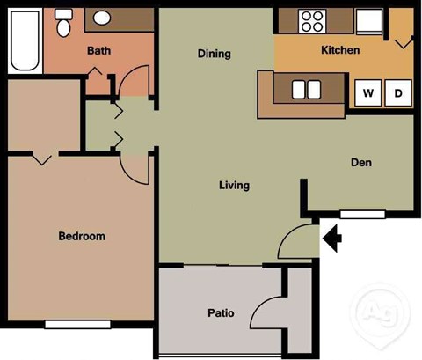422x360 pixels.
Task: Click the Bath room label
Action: pos(98,51)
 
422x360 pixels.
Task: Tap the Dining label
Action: pos(214,54)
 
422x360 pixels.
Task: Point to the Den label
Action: pos(361,163)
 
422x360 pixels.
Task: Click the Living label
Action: pos(234,186)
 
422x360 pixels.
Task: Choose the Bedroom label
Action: pos(82,236)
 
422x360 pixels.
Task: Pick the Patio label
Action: pos(220,312)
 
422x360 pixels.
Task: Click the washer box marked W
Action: pos(367,92)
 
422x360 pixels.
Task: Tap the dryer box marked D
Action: pos(397,92)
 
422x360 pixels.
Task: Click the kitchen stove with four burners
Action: pos(311,19)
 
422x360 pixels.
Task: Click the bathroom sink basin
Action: pos(101,18)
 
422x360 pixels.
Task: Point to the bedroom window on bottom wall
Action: pos(77,324)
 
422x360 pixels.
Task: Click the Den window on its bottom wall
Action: pos(361,214)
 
